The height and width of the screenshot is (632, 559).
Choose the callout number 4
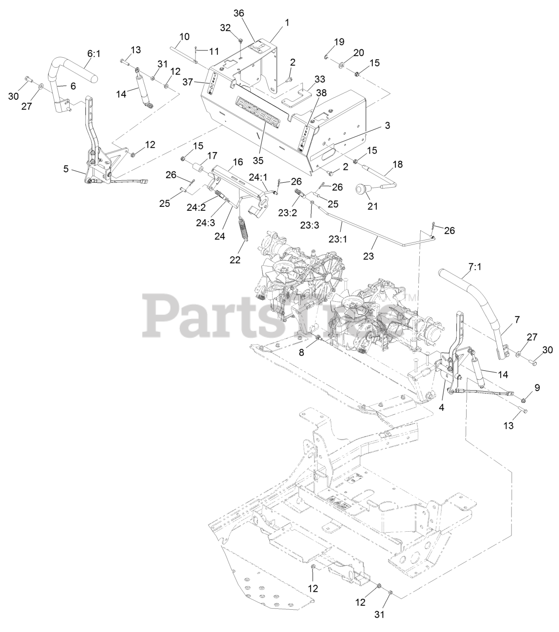point(442,407)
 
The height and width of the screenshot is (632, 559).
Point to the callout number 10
point(184,36)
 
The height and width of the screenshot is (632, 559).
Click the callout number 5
point(66,168)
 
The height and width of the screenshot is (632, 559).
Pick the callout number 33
point(320,79)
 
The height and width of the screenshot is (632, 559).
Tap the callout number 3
point(387,126)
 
